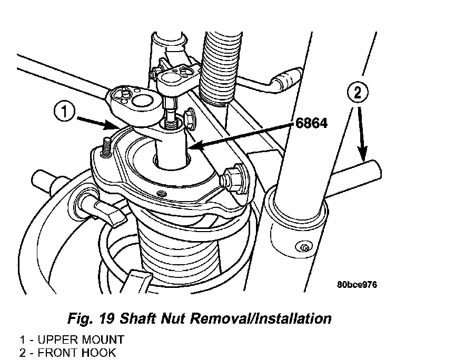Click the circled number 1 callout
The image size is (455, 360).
[x=64, y=112]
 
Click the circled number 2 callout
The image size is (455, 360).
[x=358, y=93]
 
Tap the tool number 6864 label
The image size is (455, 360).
[x=311, y=123]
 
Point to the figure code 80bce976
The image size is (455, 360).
[x=357, y=285]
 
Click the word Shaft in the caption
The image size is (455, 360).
[x=138, y=318]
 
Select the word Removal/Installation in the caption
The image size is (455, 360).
[x=261, y=318]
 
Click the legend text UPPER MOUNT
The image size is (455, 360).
[x=81, y=339]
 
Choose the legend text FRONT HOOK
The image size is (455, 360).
[x=77, y=353]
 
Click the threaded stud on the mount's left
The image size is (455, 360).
[x=106, y=148]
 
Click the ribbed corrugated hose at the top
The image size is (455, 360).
[x=221, y=68]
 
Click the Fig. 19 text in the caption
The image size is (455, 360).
[x=91, y=318]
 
